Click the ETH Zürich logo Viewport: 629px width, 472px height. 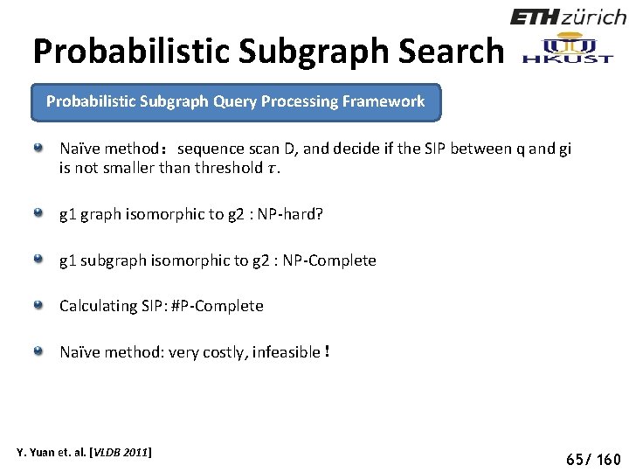[x=568, y=17]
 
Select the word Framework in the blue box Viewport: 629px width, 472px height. [x=384, y=101]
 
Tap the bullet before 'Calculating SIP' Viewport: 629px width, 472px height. [x=38, y=305]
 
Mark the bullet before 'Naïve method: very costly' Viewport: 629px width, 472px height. [x=38, y=351]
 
